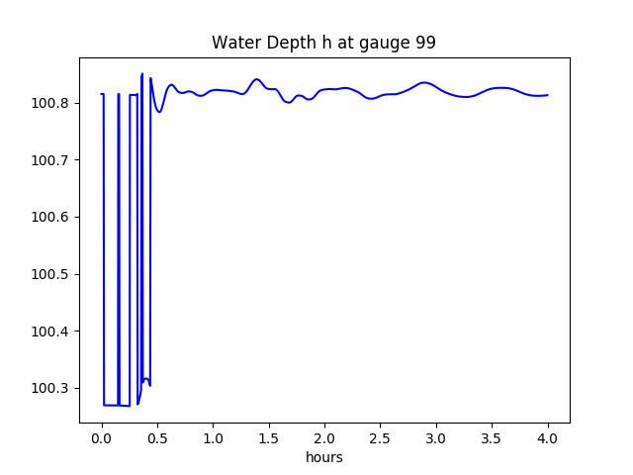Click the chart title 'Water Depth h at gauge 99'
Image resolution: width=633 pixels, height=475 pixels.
tap(323, 44)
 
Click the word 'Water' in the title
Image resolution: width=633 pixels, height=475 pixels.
tap(233, 44)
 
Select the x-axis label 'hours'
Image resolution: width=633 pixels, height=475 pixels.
tap(324, 458)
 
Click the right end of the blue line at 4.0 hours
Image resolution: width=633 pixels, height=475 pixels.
tap(547, 95)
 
